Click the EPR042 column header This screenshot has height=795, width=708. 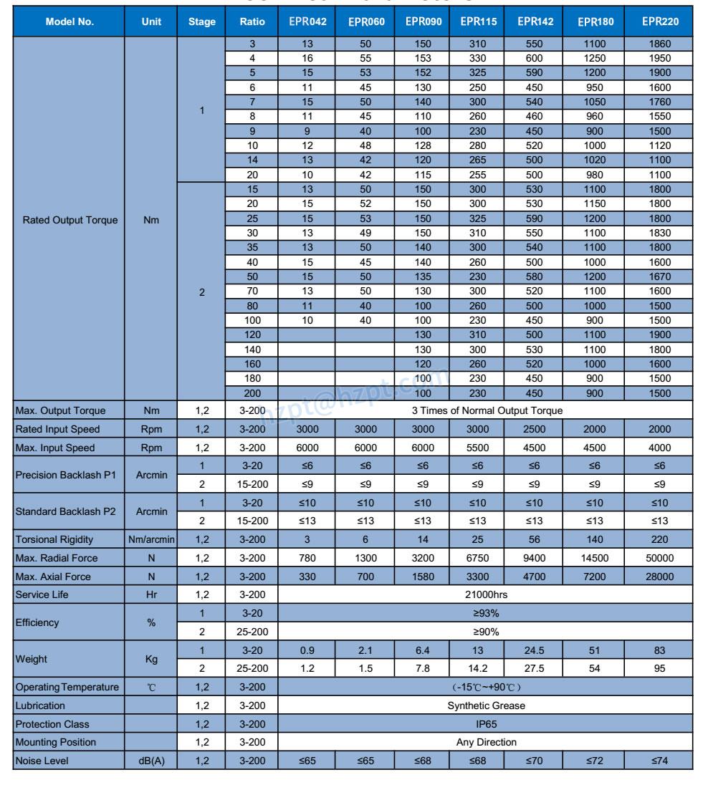point(307,21)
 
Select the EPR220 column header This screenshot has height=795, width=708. point(660,21)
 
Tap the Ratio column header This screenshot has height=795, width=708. point(252,21)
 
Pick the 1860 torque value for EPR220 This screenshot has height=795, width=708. point(660,44)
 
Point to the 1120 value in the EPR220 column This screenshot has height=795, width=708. point(660,145)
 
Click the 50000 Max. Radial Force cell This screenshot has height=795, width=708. point(660,558)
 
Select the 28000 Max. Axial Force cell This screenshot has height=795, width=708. point(660,577)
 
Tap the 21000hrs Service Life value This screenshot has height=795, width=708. point(486,594)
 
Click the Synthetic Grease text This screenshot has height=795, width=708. point(486,705)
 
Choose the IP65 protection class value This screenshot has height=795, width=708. point(486,724)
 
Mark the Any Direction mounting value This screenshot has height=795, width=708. point(486,742)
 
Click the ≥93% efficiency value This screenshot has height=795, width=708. point(486,613)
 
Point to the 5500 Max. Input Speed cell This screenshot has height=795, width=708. point(478,448)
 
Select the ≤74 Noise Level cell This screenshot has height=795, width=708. point(660,761)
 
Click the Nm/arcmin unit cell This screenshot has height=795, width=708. point(151,539)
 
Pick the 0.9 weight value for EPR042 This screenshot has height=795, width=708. point(307,650)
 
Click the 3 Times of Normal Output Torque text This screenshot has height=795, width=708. point(486,410)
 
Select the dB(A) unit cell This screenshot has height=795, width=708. point(151,761)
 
